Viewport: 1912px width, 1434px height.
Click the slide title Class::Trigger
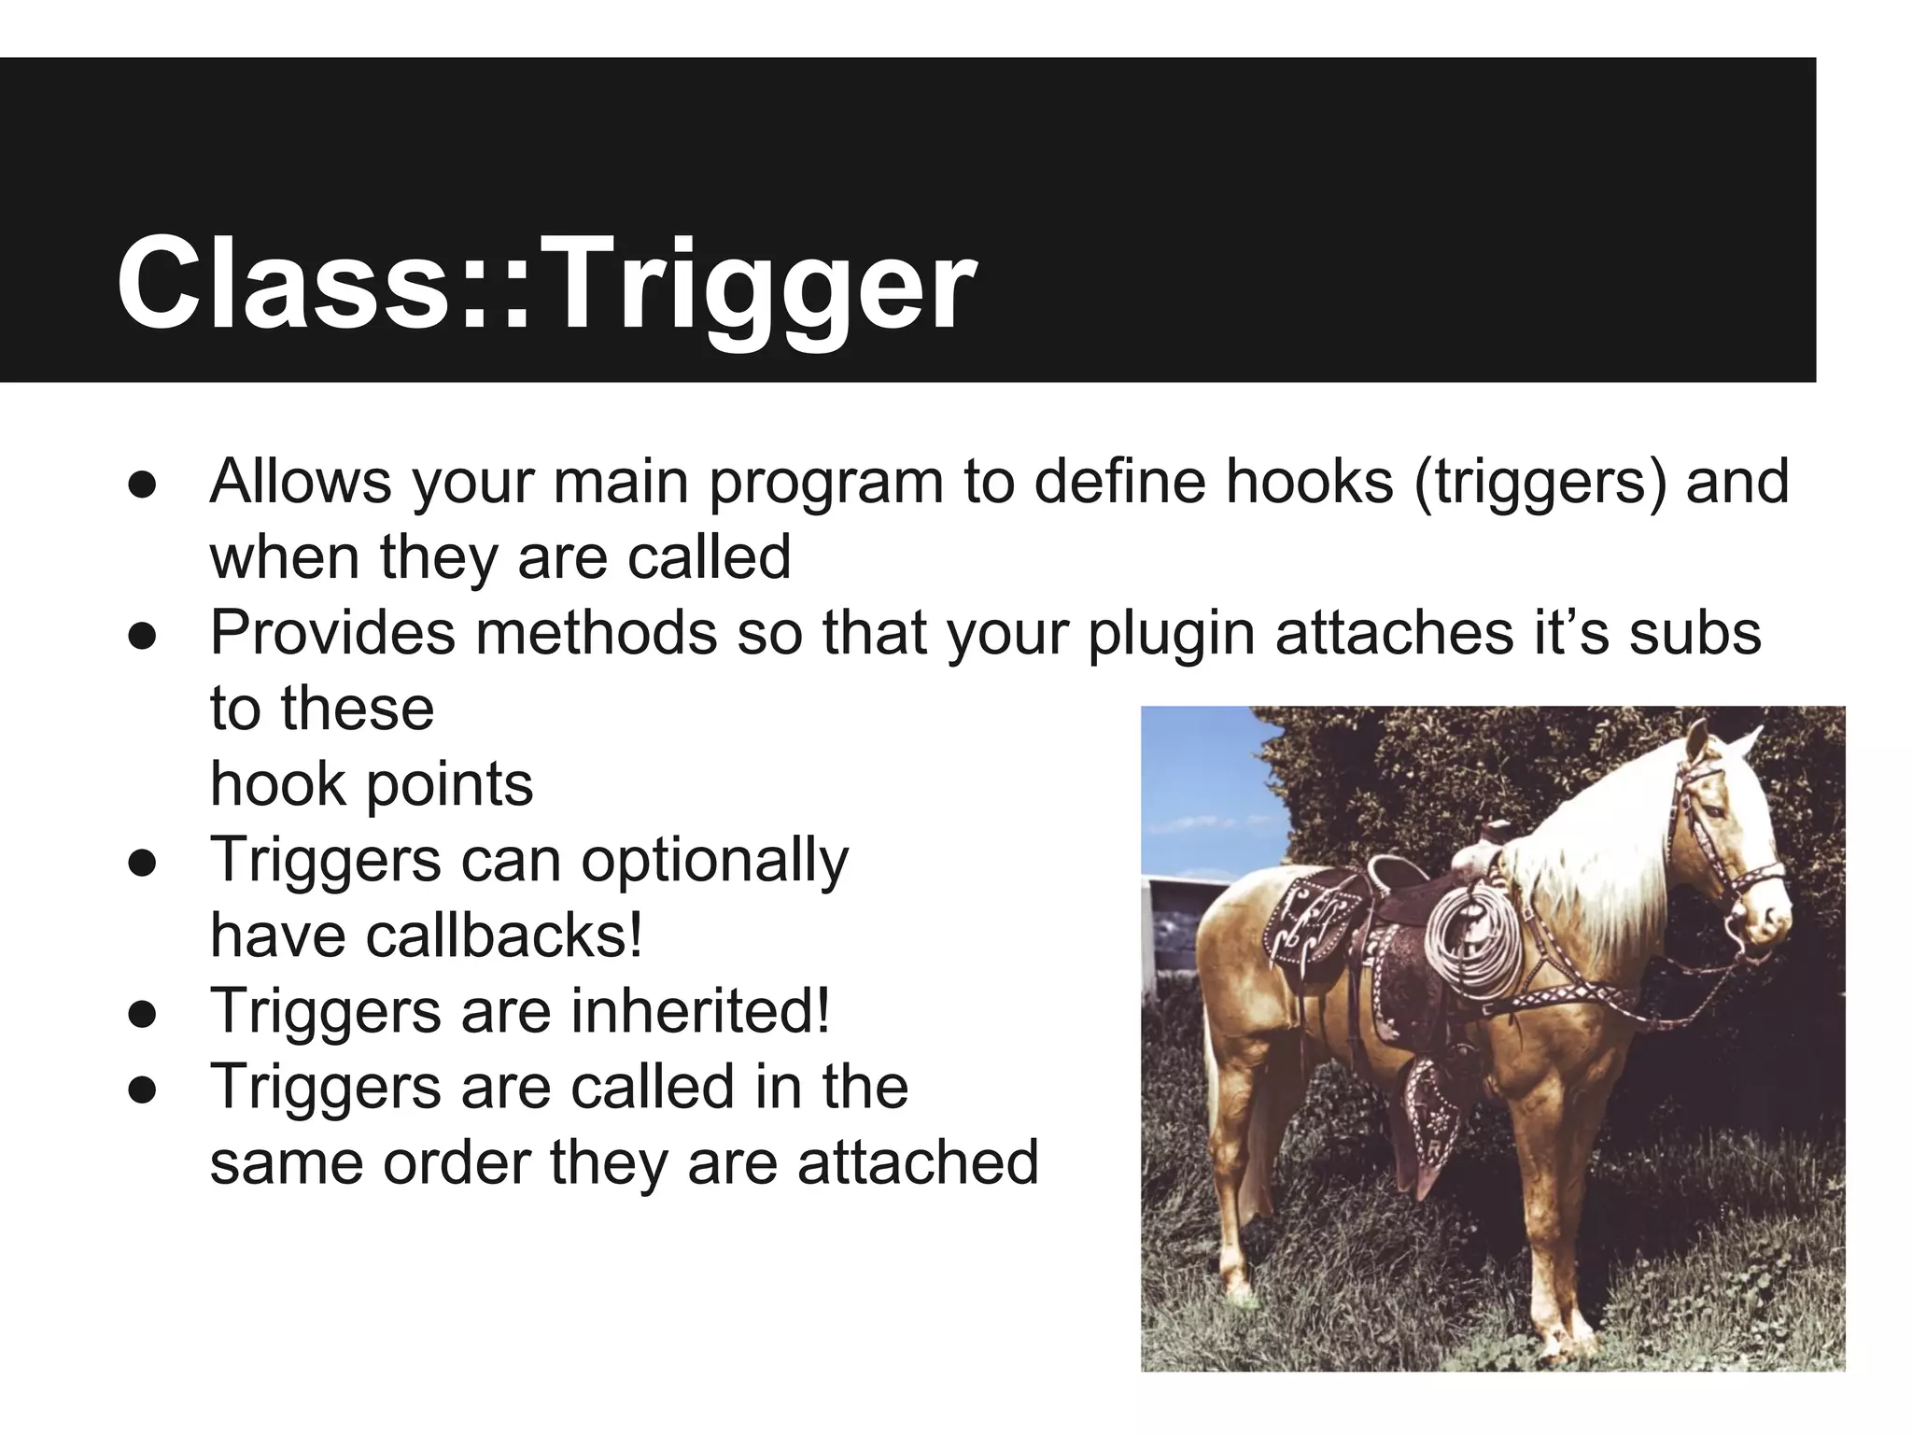coord(546,282)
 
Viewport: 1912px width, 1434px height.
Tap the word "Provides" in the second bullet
coord(332,633)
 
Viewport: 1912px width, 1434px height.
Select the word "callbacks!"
coord(505,935)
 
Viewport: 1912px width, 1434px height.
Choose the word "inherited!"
coord(700,1011)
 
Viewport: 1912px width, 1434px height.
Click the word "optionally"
coord(715,860)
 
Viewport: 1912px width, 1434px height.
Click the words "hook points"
coord(372,784)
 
